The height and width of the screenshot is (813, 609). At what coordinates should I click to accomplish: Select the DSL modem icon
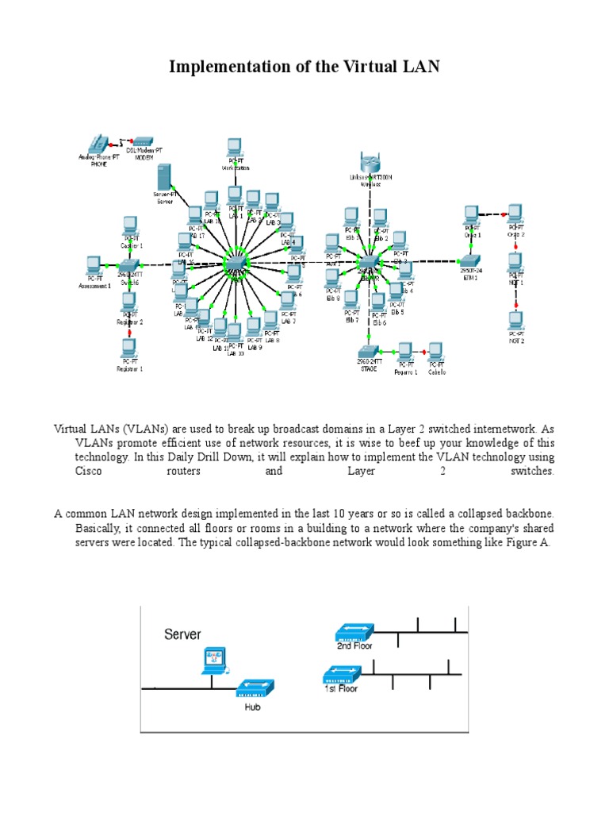(x=143, y=141)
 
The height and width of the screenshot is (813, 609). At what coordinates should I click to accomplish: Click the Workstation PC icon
(x=234, y=148)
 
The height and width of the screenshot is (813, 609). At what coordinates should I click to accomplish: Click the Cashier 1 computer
(x=130, y=225)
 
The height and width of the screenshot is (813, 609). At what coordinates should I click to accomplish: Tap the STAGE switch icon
(x=366, y=352)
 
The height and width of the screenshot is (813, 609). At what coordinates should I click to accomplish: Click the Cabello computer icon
(x=436, y=351)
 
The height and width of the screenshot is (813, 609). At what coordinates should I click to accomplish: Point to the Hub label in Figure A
(x=252, y=707)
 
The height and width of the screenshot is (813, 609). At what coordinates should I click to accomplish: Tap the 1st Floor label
(x=341, y=688)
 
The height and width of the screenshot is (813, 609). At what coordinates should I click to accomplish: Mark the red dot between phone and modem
(x=122, y=144)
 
